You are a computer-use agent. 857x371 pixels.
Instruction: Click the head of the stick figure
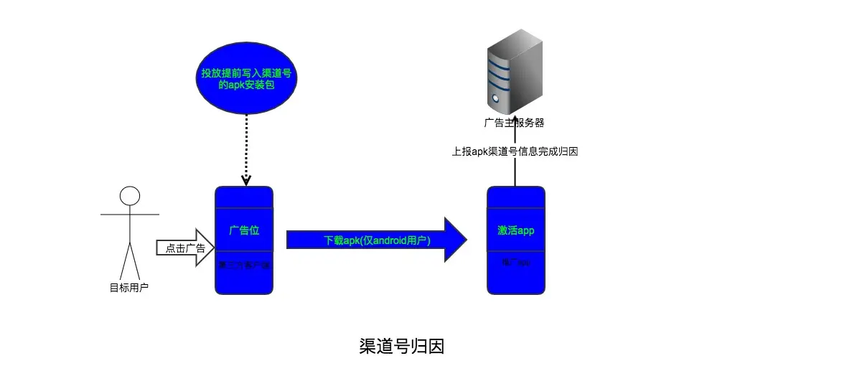click(x=129, y=196)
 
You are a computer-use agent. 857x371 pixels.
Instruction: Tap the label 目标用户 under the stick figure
click(x=129, y=288)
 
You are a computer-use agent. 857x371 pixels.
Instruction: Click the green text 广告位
click(x=243, y=230)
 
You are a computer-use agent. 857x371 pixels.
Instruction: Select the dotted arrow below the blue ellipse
click(x=245, y=147)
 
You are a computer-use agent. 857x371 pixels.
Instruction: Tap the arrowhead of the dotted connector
click(x=245, y=180)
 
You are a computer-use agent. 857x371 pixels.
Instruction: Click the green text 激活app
click(x=515, y=230)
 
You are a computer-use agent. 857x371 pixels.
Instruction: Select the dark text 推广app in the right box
click(x=515, y=263)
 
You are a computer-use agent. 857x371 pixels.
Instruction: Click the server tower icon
click(x=514, y=72)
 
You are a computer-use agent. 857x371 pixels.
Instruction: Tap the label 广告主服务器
click(x=514, y=123)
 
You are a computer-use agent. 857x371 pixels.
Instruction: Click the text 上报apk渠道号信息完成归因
click(x=515, y=151)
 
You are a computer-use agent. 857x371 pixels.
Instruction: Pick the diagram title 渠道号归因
click(x=401, y=346)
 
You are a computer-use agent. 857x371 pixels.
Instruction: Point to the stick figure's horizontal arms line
click(x=129, y=214)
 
